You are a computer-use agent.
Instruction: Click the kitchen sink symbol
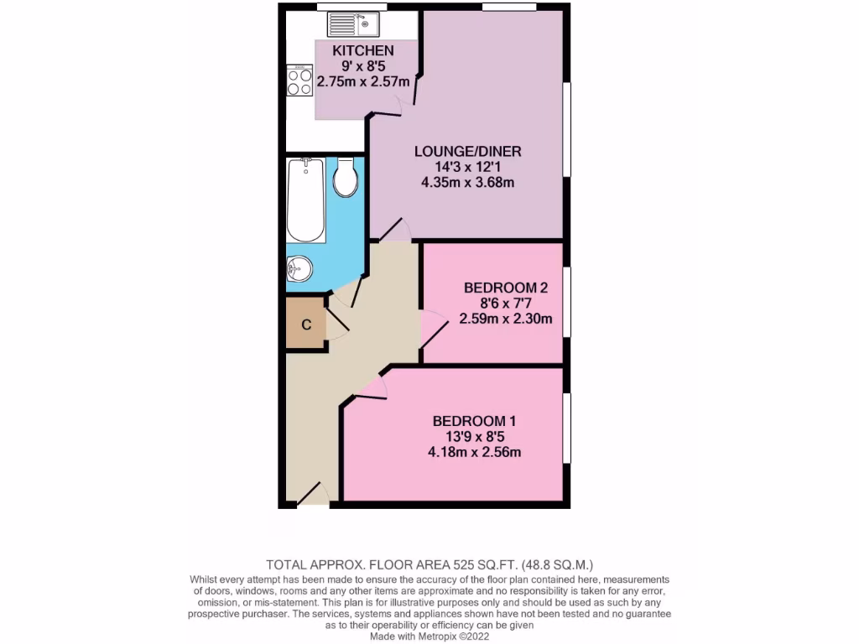[x=354, y=23]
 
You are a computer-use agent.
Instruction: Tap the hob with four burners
[x=300, y=82]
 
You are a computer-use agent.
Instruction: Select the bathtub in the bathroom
[x=305, y=200]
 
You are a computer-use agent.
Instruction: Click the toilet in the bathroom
[x=346, y=178]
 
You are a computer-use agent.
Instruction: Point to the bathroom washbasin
[x=299, y=268]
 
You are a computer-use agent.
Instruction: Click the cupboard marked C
[x=306, y=325]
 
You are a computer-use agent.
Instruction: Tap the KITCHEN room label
[x=362, y=51]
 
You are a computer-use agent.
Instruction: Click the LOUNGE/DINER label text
[x=468, y=152]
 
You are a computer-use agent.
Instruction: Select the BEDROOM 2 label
[x=506, y=288]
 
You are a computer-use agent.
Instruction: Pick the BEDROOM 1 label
[x=474, y=421]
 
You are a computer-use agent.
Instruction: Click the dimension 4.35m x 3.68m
[x=468, y=182]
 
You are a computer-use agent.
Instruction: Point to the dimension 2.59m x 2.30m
[x=506, y=318]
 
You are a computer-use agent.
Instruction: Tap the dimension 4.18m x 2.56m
[x=474, y=452]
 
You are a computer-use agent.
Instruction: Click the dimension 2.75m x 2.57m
[x=362, y=82]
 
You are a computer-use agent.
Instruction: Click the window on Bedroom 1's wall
[x=567, y=428]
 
